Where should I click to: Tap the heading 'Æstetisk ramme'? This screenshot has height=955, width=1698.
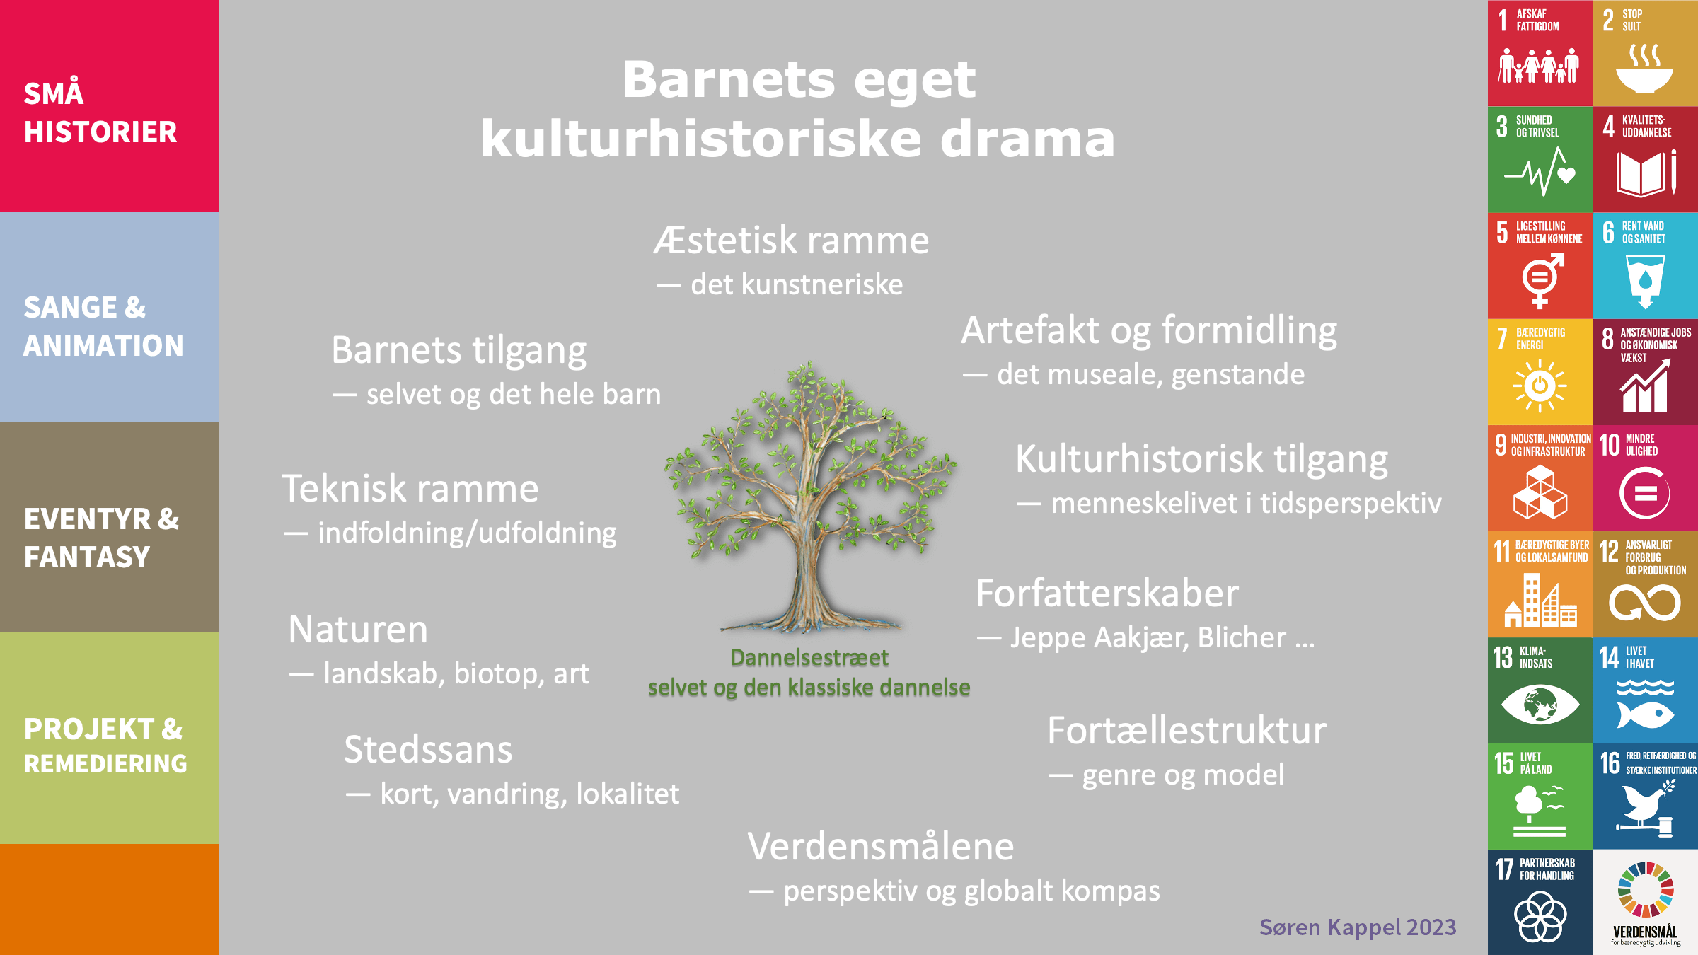pyautogui.click(x=791, y=241)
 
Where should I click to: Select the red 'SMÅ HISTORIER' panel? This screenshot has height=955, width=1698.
pyautogui.click(x=110, y=105)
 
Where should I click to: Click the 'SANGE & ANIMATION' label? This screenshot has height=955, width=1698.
pyautogui.click(x=103, y=326)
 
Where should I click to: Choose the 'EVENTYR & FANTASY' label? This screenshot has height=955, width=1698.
pyautogui.click(x=101, y=538)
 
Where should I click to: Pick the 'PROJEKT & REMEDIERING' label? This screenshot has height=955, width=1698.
pyautogui.click(x=105, y=746)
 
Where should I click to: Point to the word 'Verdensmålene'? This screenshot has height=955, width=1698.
pyautogui.click(x=881, y=846)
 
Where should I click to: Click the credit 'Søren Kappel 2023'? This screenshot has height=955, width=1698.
pyautogui.click(x=1358, y=927)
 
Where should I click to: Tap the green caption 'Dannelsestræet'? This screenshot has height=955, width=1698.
pyautogui.click(x=809, y=658)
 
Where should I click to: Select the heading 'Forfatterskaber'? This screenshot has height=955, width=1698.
pyautogui.click(x=1107, y=593)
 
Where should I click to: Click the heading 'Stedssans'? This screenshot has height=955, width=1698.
pyautogui.click(x=428, y=750)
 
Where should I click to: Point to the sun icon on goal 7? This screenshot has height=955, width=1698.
pyautogui.click(x=1540, y=386)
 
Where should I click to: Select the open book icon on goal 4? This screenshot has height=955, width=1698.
pyautogui.click(x=1646, y=173)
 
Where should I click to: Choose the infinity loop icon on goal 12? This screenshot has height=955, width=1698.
pyautogui.click(x=1645, y=603)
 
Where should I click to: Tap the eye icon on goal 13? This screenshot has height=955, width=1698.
pyautogui.click(x=1540, y=705)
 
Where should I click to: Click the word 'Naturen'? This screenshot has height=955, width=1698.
pyautogui.click(x=358, y=630)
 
